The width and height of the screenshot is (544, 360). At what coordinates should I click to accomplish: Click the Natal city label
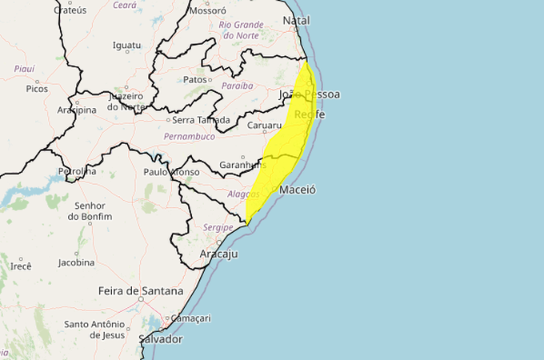[296, 20]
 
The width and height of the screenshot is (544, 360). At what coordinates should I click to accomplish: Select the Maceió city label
[298, 190]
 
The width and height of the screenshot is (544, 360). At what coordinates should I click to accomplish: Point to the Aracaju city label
[218, 254]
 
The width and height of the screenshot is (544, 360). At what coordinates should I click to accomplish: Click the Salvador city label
[161, 339]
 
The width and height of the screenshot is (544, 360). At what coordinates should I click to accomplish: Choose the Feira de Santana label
[140, 290]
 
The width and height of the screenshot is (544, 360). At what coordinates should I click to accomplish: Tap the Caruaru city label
[264, 126]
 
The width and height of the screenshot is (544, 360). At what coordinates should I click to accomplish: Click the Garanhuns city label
[243, 165]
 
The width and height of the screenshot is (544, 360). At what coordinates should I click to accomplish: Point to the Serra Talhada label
[202, 120]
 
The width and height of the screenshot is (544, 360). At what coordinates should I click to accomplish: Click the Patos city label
[194, 79]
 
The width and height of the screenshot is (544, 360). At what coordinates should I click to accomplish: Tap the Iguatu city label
[127, 45]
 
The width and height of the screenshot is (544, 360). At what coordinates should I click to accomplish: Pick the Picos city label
[37, 88]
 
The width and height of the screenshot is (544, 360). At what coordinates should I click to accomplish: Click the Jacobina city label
[77, 262]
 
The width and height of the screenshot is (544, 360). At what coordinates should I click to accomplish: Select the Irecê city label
[20, 266]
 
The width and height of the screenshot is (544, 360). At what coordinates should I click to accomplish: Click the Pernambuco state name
[189, 138]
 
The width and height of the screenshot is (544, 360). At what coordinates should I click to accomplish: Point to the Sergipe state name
[218, 227]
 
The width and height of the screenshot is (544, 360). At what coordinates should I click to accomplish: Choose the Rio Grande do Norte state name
[241, 30]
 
